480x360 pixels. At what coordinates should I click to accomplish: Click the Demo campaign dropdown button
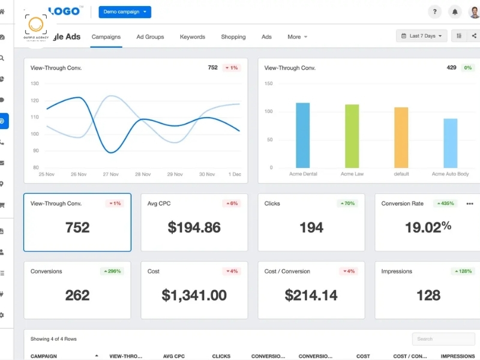point(125,12)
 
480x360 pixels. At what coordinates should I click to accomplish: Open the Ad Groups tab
point(150,37)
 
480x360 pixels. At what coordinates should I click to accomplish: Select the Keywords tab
point(193,37)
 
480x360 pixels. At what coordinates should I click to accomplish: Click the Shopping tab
point(233,37)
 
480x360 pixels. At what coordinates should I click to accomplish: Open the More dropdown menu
point(297,37)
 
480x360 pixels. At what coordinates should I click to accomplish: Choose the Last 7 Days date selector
point(422,36)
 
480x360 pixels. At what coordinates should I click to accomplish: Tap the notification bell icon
point(455,12)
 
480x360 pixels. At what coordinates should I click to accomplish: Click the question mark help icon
point(434,12)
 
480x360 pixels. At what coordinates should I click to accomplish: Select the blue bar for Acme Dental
point(303,135)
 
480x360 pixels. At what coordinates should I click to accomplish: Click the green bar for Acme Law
point(352,136)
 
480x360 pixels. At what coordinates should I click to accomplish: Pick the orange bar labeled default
point(401,137)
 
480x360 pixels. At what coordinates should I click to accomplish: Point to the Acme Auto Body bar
point(450,143)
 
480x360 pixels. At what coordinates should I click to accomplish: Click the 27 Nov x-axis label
point(110,174)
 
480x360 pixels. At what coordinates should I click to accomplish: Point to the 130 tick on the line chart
point(35,83)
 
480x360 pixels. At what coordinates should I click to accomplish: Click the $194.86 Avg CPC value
point(194,227)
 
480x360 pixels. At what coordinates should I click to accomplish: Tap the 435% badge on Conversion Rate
point(445,203)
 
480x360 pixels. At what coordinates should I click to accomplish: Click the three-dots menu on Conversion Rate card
point(469,203)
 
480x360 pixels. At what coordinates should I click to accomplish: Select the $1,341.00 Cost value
point(194,295)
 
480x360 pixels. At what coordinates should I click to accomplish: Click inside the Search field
point(443,339)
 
